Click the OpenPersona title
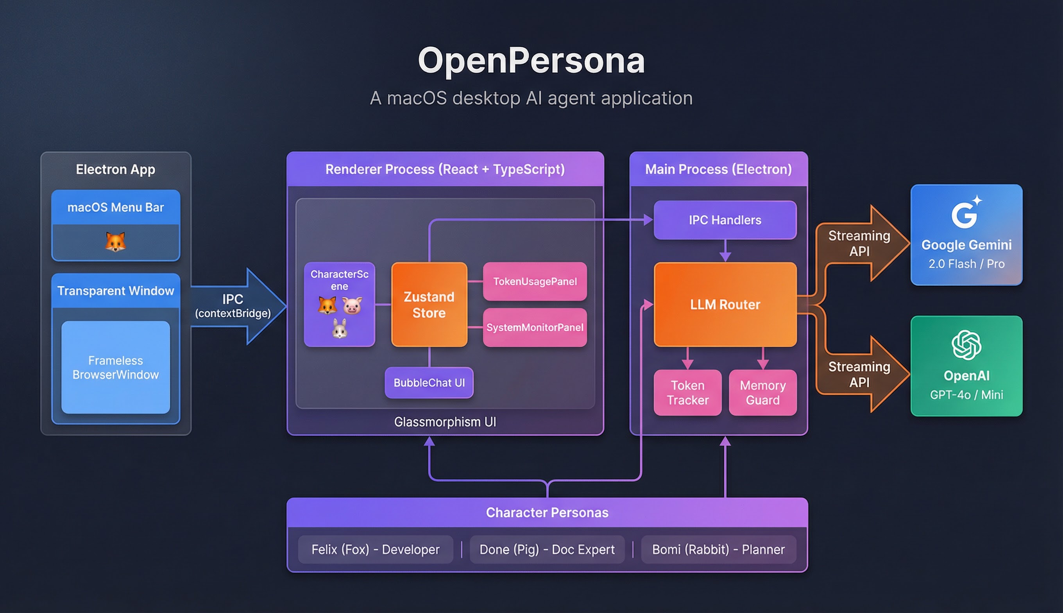tap(531, 61)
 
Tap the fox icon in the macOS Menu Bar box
tap(115, 242)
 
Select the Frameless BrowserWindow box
tap(116, 367)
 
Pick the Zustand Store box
tap(429, 305)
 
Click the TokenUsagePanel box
tap(535, 281)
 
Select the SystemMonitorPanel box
tap(535, 327)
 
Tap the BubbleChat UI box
tap(429, 382)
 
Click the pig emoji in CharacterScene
tap(352, 305)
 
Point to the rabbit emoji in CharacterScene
tap(339, 329)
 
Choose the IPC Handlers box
tap(725, 220)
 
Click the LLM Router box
tap(725, 305)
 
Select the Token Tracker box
tap(687, 393)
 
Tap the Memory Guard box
tap(762, 393)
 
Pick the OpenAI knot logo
tap(966, 345)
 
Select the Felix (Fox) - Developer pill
tap(376, 549)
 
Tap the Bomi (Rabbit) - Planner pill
tap(718, 549)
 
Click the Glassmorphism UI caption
tap(445, 421)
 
